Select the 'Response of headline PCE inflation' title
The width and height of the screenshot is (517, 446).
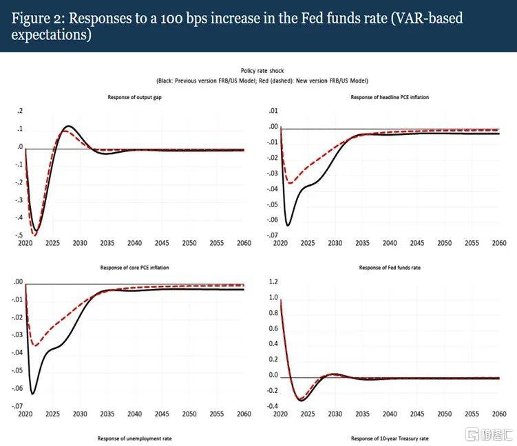[389, 98]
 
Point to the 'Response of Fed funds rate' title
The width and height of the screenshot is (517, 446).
[389, 267]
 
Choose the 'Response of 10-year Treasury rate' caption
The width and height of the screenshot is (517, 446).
[389, 438]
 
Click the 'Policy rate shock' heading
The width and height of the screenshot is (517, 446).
[258, 71]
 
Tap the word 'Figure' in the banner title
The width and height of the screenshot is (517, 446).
[30, 19]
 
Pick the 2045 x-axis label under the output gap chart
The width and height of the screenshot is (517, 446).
[161, 244]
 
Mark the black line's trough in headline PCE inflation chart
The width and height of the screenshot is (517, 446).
[288, 225]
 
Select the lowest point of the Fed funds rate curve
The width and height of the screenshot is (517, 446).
[300, 401]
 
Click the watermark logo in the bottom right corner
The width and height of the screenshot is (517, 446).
[487, 436]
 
